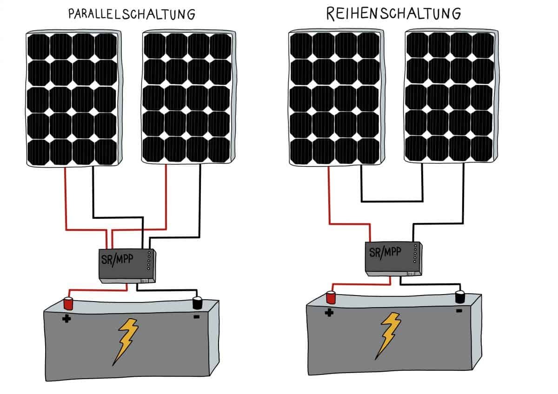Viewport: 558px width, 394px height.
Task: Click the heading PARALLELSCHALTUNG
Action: pos(132,14)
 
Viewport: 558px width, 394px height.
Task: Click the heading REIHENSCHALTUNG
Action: pos(393,14)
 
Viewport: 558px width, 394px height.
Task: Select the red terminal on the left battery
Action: pos(69,303)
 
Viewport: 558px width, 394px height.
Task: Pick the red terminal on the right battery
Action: pos(331,297)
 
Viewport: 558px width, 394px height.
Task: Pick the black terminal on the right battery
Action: pos(460,296)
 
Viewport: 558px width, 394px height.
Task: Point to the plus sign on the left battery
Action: pos(66,319)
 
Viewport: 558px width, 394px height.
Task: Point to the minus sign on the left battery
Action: pos(196,317)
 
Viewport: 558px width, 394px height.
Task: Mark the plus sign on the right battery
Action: pos(329,313)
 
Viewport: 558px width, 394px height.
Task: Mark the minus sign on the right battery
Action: pos(459,310)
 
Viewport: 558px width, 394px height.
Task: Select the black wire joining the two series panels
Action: pos(392,201)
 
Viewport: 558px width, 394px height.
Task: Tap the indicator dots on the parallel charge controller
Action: pos(149,261)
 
